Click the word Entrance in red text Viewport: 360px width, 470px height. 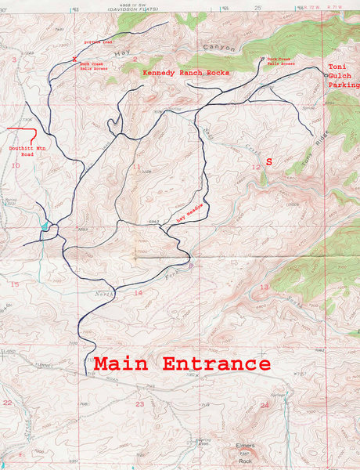[215, 364]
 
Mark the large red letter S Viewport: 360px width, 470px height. [269, 161]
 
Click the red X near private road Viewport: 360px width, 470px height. [74, 60]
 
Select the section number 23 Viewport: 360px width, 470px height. [139, 403]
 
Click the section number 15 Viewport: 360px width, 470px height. [14, 284]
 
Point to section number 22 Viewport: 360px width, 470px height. [7, 402]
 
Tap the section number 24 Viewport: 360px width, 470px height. [264, 405]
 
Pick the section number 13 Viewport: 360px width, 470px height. [264, 287]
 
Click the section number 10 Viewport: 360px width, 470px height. [15, 165]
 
